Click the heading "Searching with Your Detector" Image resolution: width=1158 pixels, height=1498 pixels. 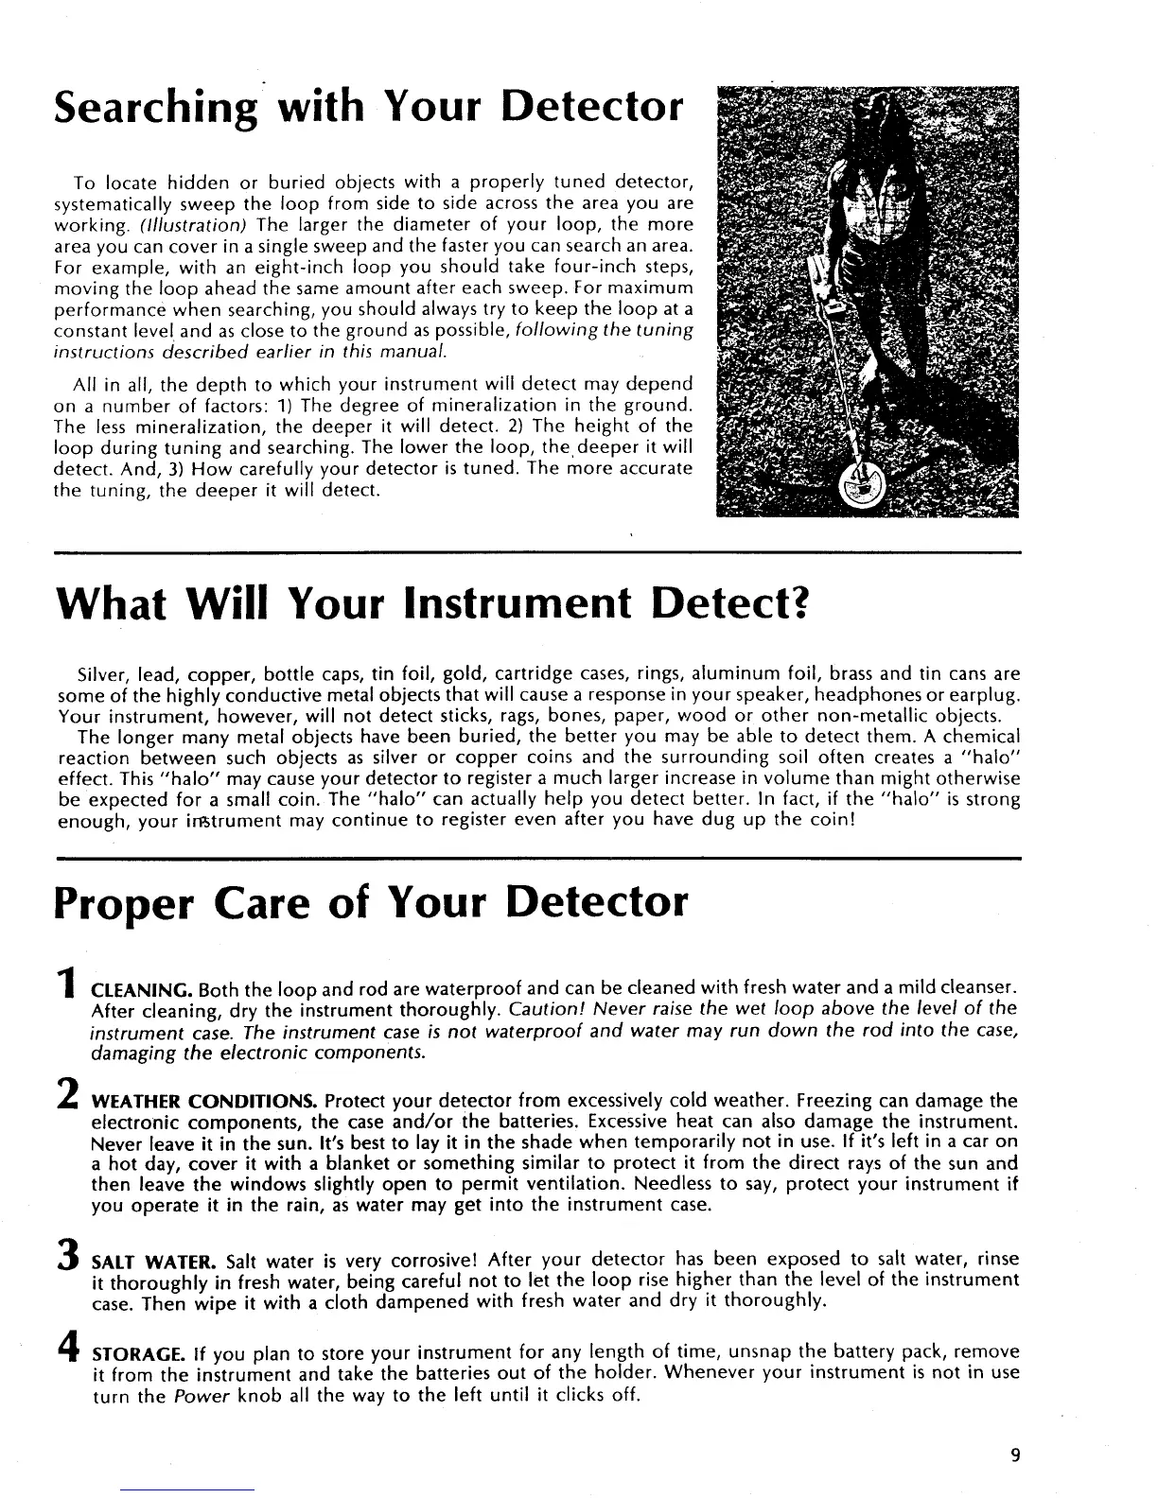(x=369, y=107)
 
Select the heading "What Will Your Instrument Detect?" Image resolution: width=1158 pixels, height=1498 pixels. (x=430, y=603)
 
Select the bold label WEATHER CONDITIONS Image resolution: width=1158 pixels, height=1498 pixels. (x=203, y=1101)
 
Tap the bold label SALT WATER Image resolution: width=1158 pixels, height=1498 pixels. (x=154, y=1261)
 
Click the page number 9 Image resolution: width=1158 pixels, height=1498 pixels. (x=1014, y=1455)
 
